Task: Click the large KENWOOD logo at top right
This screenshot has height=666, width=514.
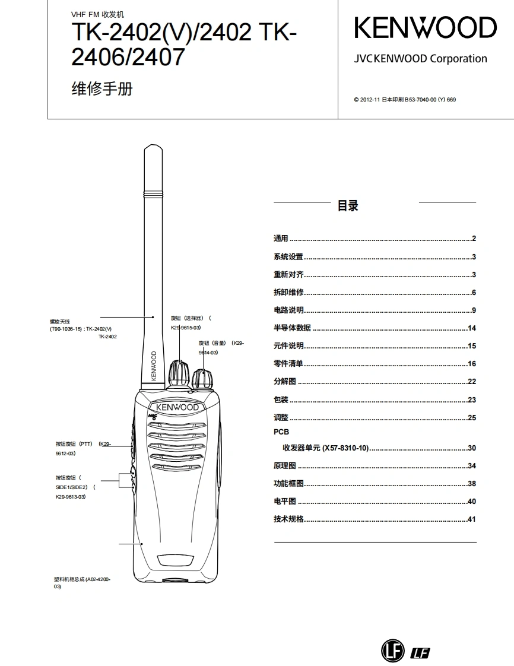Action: (425, 28)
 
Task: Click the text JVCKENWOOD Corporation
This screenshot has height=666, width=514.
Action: (420, 59)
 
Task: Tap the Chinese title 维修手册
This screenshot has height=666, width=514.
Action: (101, 89)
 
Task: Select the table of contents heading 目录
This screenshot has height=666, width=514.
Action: (348, 206)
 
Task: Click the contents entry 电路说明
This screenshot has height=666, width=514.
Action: (288, 310)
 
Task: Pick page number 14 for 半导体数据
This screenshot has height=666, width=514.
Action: (472, 328)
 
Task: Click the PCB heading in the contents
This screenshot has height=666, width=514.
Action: (281, 432)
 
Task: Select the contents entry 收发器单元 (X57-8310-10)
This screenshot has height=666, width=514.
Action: (325, 448)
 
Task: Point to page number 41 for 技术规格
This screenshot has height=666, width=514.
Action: (472, 519)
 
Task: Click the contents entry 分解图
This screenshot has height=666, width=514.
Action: (284, 382)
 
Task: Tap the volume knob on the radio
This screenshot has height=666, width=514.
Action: (202, 378)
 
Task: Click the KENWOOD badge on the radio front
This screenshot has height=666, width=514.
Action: (177, 407)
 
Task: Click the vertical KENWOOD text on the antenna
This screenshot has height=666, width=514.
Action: (154, 366)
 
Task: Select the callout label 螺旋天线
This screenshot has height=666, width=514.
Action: (60, 321)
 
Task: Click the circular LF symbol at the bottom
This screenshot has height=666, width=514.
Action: (392, 651)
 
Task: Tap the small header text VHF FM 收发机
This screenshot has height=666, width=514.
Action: (98, 14)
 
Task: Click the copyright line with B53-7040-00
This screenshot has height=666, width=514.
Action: (405, 100)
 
